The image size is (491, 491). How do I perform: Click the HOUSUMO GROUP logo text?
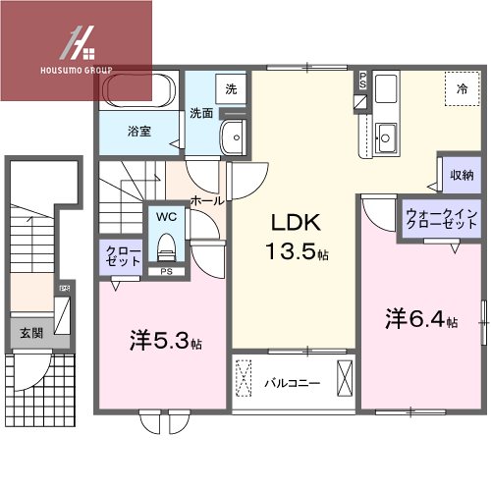pos(77,72)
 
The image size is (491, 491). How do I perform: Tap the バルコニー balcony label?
pos(291,383)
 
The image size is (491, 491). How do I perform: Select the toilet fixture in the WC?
pos(165,243)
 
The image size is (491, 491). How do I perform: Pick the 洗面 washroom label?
pos(203,113)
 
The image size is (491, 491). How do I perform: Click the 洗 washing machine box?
pos(230,89)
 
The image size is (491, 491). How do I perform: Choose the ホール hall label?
pos(207,199)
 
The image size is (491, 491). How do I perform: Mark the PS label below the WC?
pos(166,271)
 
